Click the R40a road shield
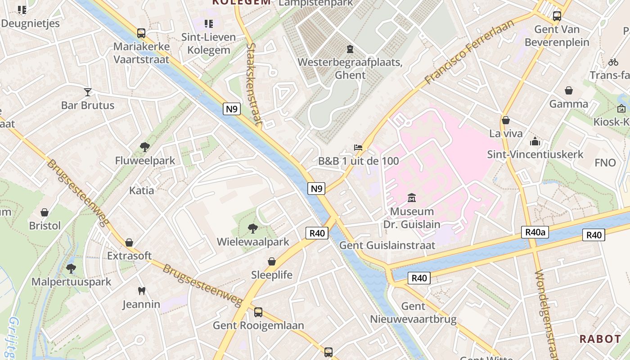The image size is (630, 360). [535, 232]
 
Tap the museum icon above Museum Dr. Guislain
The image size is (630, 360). [411, 198]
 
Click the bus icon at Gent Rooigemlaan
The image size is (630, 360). [258, 312]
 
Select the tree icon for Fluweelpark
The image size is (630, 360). [145, 147]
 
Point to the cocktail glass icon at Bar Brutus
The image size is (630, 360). [88, 92]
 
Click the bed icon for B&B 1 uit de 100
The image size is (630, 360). [358, 148]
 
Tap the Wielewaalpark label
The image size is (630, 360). [253, 242]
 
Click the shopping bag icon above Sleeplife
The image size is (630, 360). [272, 261]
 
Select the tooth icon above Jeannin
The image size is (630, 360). [141, 291]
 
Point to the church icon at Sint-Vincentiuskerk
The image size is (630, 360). [535, 141]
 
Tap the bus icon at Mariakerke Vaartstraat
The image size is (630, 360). [141, 33]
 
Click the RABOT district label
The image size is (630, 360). [600, 339]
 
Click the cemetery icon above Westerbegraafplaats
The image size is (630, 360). [350, 49]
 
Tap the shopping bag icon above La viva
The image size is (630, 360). [506, 121]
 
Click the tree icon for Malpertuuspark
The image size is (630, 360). [71, 269]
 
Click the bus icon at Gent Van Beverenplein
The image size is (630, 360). [557, 16]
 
